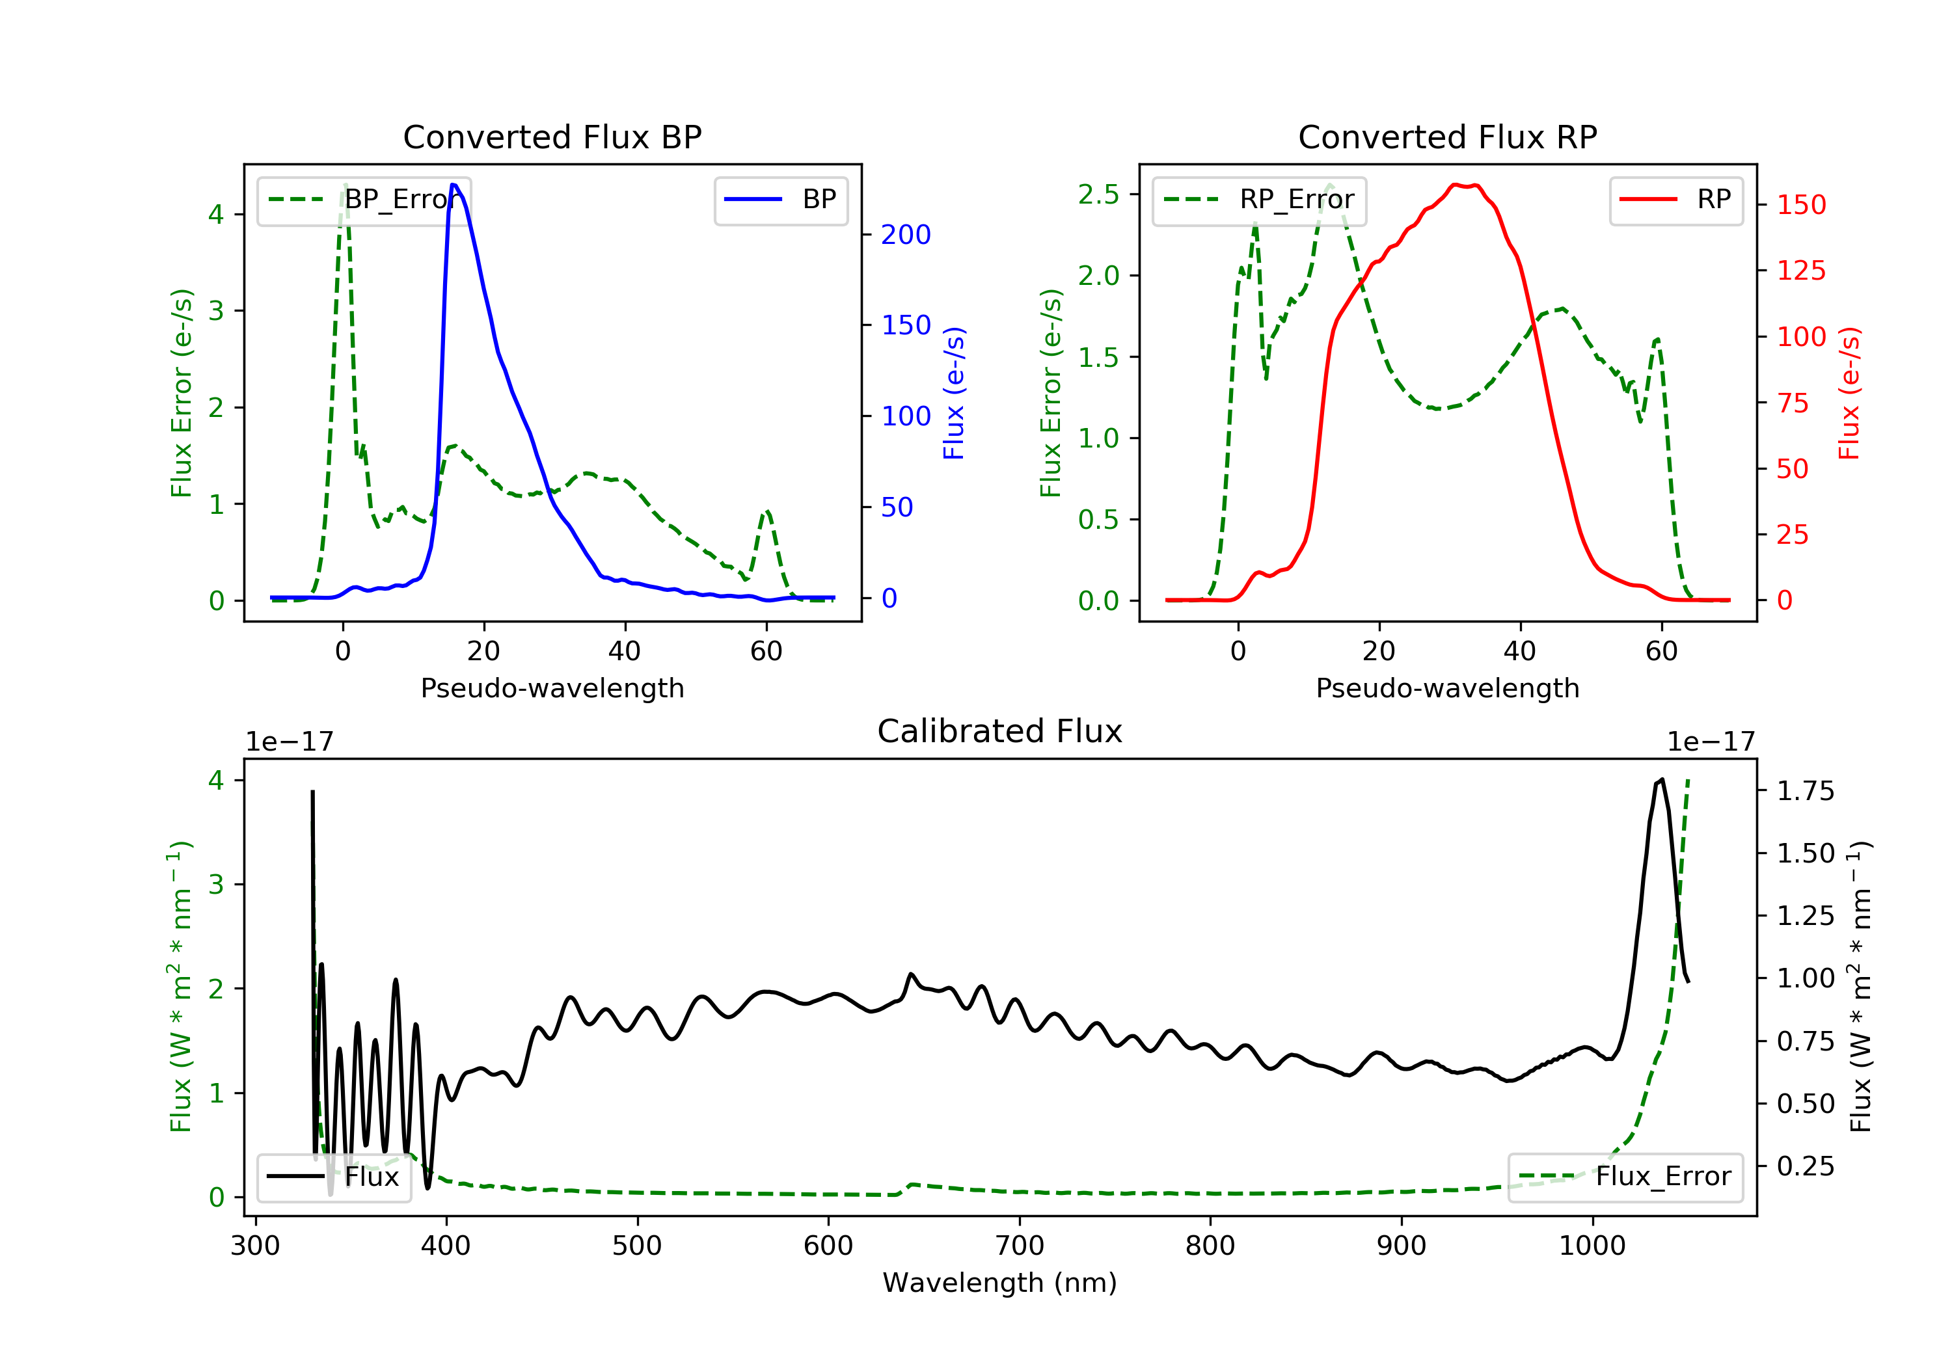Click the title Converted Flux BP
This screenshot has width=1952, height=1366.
(x=552, y=137)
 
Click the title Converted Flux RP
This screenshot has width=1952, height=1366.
(x=1447, y=137)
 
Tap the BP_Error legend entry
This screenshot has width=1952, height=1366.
(x=364, y=200)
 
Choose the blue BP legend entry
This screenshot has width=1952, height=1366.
(x=780, y=200)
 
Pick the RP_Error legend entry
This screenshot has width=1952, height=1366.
(x=1259, y=200)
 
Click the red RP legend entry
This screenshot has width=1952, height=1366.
(x=1675, y=200)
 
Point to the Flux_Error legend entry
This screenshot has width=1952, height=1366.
(x=1625, y=1177)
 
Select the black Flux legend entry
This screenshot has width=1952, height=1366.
(x=333, y=1177)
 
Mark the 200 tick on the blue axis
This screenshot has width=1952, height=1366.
(x=906, y=235)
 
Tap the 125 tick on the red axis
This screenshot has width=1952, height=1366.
(x=1800, y=271)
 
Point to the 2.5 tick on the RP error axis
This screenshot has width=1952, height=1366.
(x=1098, y=194)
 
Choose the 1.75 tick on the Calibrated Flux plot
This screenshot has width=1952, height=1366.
(x=1805, y=792)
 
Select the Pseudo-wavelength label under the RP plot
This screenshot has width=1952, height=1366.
(x=1447, y=688)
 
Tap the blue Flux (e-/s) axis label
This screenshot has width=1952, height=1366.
(x=954, y=393)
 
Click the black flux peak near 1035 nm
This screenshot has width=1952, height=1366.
(x=1661, y=779)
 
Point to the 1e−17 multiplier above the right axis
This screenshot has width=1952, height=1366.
(x=1711, y=742)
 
